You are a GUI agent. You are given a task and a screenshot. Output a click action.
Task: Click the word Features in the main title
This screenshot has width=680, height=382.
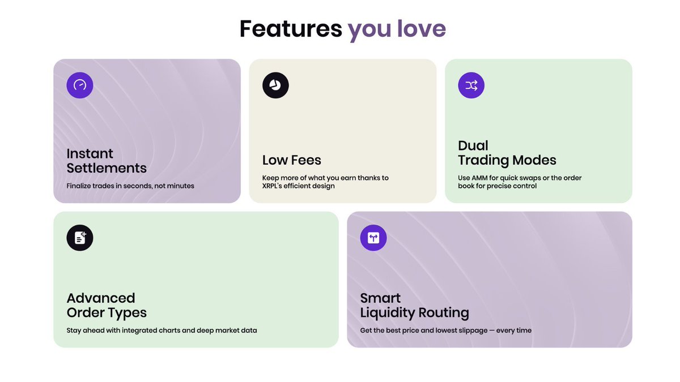291,29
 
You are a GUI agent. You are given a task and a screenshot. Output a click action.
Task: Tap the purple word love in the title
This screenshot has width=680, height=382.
422,28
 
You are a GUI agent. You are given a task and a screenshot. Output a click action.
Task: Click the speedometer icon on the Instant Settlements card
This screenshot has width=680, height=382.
80,85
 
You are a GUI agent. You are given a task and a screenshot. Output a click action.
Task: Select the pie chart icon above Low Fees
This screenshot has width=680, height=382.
275,85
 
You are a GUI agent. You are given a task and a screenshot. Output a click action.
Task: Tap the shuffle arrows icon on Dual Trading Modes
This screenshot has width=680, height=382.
471,85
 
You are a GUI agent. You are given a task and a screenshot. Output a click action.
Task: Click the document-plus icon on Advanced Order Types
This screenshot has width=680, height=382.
80,238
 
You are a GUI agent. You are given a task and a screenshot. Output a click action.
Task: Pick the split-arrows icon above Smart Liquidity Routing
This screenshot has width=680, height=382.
373,238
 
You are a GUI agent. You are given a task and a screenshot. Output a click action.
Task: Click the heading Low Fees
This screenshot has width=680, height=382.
291,160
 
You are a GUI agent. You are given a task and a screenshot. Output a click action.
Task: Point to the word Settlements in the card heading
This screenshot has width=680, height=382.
107,168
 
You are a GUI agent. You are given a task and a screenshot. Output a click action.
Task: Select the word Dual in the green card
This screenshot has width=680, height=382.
473,145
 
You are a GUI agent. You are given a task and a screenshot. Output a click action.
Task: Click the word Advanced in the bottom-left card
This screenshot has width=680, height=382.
101,298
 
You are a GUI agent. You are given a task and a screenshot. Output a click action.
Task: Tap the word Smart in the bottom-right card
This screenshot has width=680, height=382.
380,298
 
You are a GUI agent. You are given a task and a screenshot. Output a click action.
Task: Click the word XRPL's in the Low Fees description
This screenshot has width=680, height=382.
271,186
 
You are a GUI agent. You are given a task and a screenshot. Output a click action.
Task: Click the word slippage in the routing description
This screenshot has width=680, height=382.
472,331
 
